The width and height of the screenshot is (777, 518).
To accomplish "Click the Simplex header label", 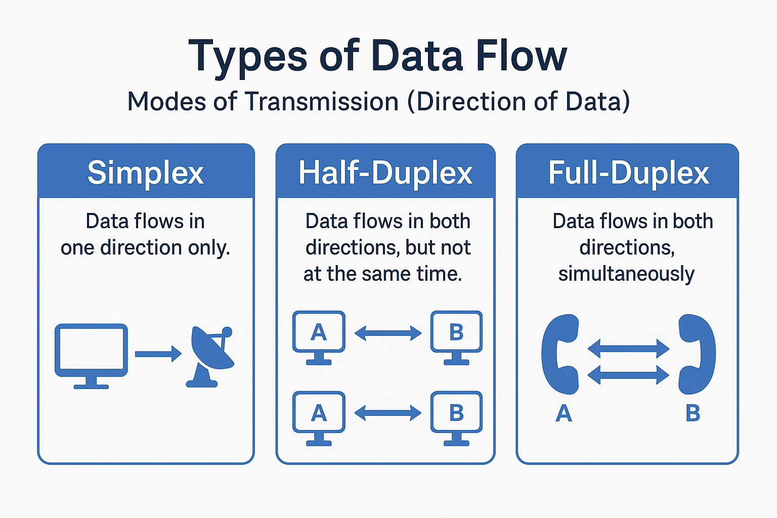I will tap(145, 173).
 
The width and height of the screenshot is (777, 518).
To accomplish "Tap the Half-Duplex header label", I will tap(385, 173).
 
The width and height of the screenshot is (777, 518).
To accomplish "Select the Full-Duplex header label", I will tap(628, 173).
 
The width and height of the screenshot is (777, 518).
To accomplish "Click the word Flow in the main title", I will tap(521, 56).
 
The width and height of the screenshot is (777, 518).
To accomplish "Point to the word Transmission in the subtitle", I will tap(322, 101).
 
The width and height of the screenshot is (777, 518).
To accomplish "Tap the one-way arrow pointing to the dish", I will tap(158, 354).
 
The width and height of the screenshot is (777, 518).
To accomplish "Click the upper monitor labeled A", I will tap(319, 337).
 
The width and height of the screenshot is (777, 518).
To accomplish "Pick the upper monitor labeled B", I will tap(456, 337).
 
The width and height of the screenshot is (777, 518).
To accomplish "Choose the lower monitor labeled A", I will tap(319, 418).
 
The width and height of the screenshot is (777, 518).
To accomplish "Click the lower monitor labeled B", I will tap(456, 418).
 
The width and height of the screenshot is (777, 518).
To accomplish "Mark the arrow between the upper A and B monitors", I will tap(388, 333).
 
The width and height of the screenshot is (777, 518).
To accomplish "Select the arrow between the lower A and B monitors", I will tap(388, 413).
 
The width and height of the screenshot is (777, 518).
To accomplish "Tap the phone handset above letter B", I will tap(697, 354).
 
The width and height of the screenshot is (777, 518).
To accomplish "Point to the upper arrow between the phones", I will tap(628, 349).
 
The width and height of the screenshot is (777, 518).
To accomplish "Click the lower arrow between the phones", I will tap(628, 375).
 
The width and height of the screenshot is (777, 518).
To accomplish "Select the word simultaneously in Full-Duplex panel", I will tap(626, 274).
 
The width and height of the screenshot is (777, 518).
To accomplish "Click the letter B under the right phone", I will tap(693, 413).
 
